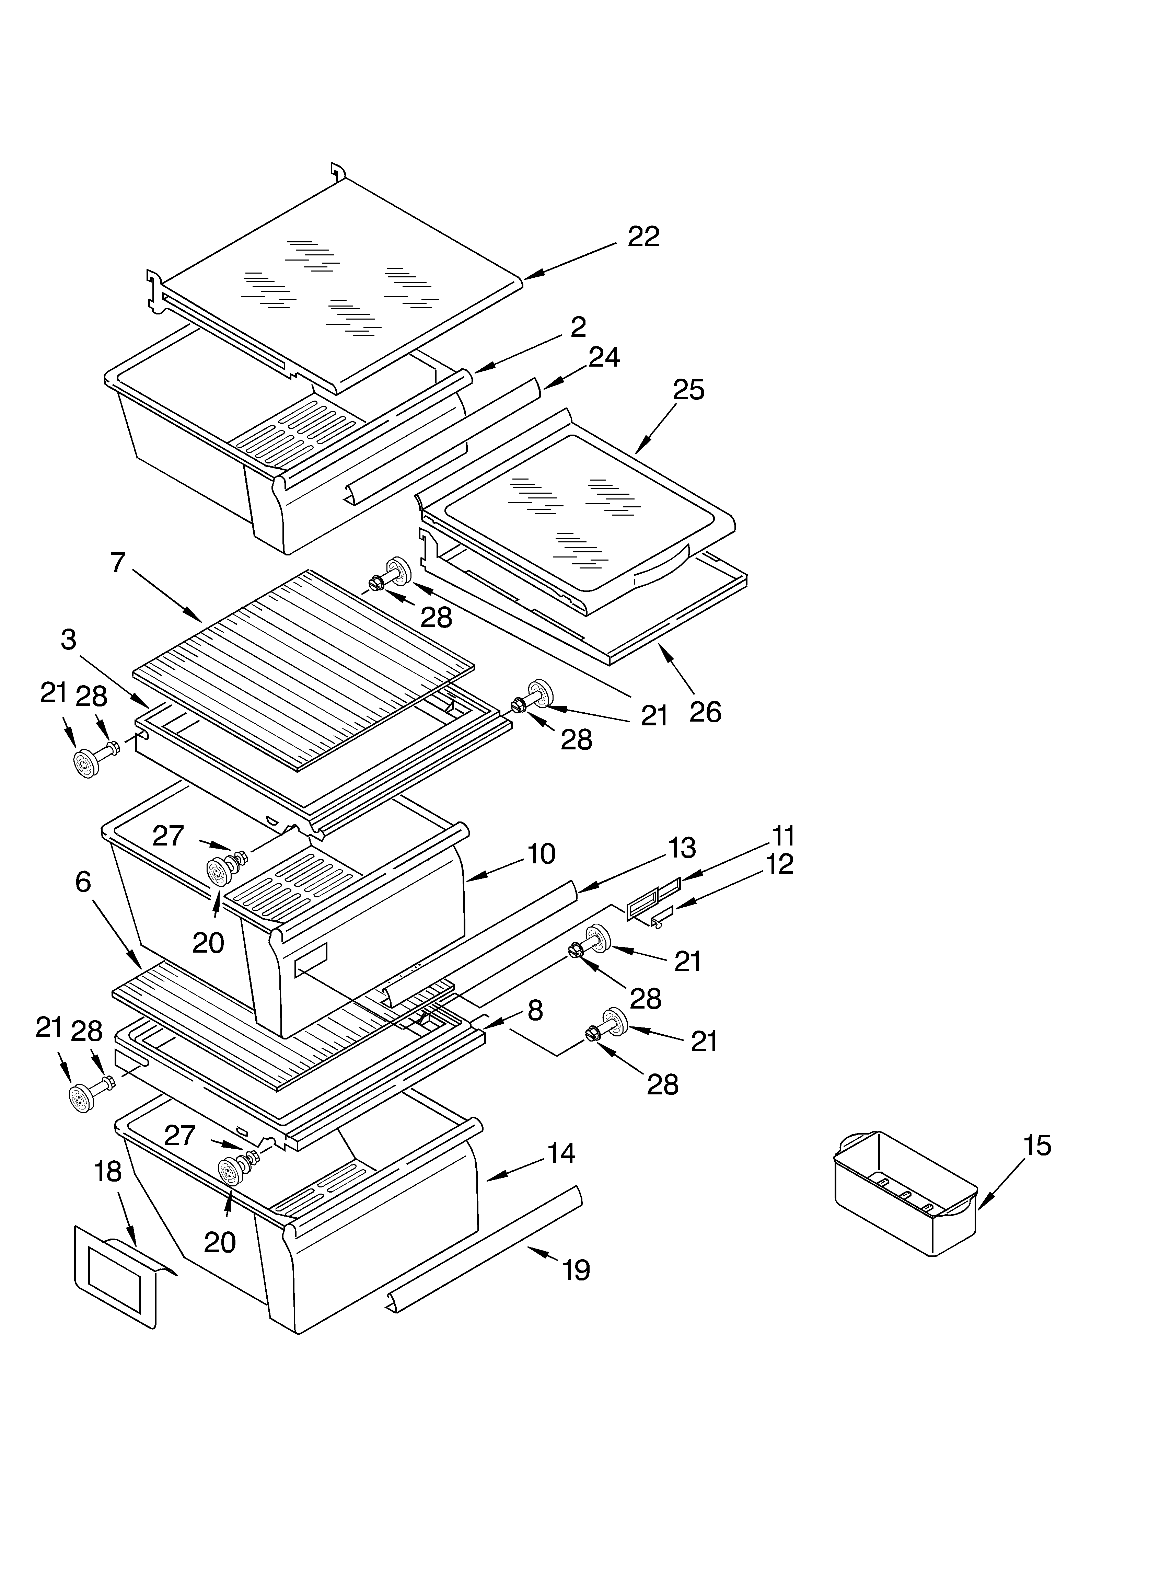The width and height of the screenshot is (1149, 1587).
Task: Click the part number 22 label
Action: pos(643,237)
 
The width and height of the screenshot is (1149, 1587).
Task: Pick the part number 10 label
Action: pos(541,854)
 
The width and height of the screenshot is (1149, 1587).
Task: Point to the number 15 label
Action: pos(1037,1146)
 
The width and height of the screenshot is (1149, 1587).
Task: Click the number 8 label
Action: pos(535,1010)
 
